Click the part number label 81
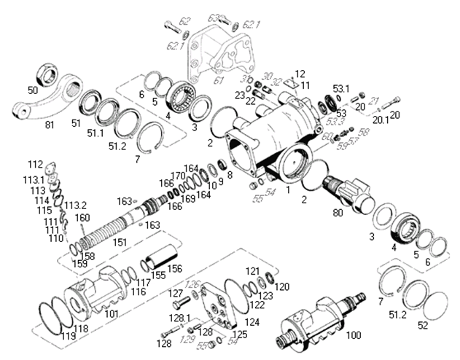(50, 125)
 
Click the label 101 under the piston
(112, 314)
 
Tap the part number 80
(337, 214)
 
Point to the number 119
(68, 336)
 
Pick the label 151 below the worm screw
(119, 241)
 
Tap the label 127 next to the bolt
(176, 294)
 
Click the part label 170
(177, 176)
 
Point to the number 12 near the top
(299, 74)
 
